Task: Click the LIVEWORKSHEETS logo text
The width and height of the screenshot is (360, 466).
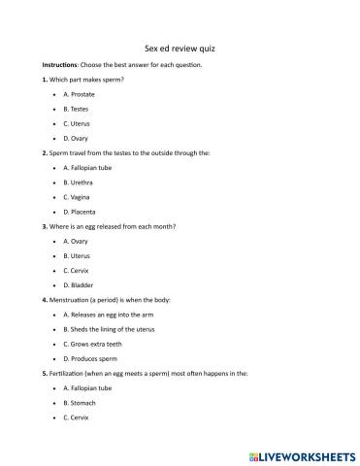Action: tap(305, 453)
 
